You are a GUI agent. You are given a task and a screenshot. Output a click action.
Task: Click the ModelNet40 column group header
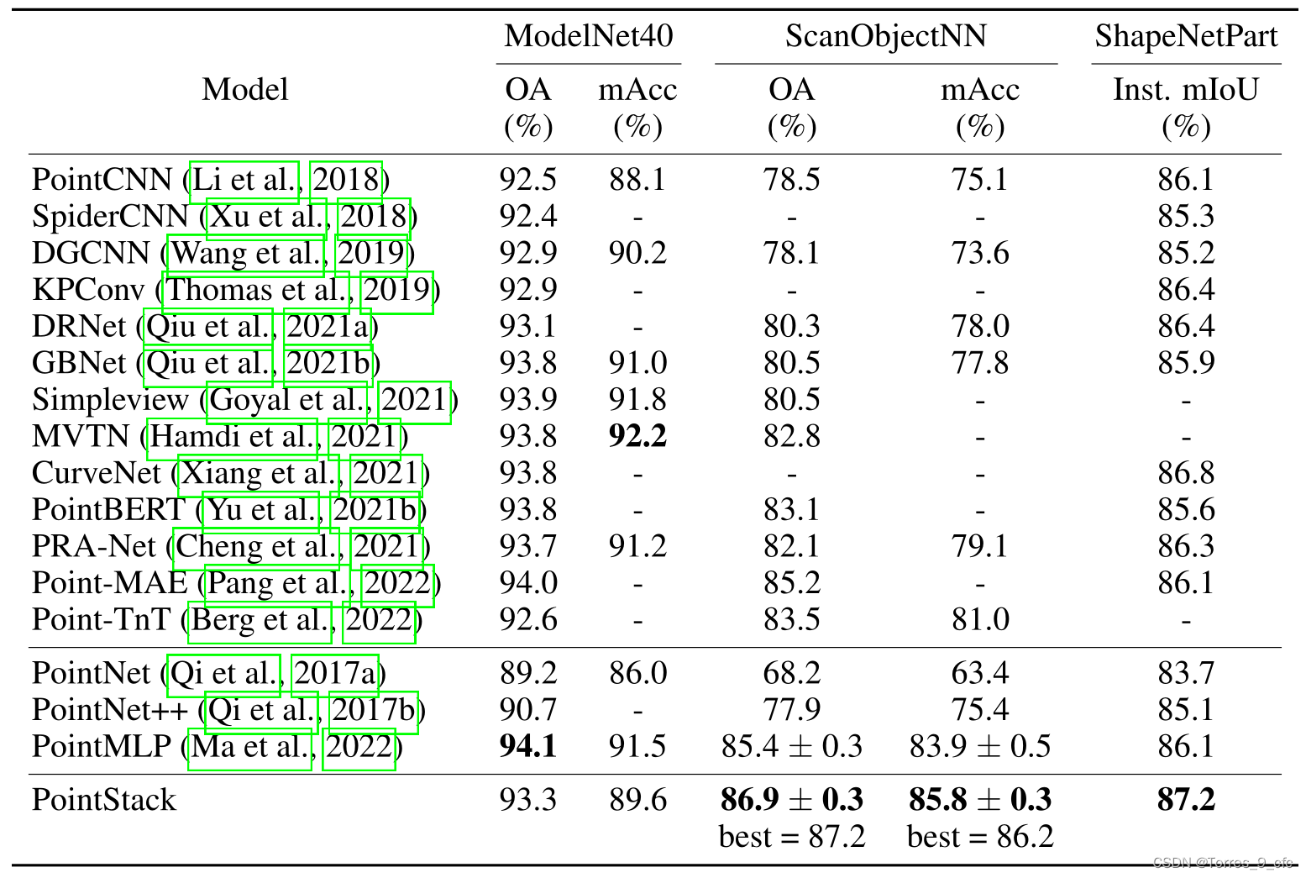[588, 36]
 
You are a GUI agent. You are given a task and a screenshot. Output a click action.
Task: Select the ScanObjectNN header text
[885, 36]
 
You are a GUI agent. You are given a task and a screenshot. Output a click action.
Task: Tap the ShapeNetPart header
[1185, 36]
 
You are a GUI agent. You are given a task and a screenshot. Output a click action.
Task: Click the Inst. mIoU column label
[1185, 89]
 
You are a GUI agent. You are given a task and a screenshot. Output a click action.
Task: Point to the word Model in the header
[244, 89]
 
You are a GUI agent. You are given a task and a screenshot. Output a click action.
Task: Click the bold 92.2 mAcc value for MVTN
[637, 436]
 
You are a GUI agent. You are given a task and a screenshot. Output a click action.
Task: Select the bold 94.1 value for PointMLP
[527, 746]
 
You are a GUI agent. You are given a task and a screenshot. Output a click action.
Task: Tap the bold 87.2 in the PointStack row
[1185, 799]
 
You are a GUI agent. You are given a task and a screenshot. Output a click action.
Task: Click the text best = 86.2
[979, 837]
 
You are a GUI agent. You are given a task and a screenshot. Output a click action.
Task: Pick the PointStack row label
[104, 800]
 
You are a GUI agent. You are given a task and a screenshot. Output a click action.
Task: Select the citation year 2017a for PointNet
[335, 674]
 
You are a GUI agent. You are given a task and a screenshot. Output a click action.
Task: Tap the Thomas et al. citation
[255, 291]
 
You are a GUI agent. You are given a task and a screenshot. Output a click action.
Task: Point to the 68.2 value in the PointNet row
[791, 674]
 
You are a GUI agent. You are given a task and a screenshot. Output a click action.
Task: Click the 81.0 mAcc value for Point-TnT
[979, 620]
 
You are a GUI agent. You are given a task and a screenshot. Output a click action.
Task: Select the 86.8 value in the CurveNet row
[1185, 473]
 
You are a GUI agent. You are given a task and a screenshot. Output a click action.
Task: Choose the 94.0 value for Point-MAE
[527, 583]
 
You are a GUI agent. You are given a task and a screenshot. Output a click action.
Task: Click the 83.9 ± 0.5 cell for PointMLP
[979, 746]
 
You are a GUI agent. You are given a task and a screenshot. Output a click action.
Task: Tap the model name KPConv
[88, 291]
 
